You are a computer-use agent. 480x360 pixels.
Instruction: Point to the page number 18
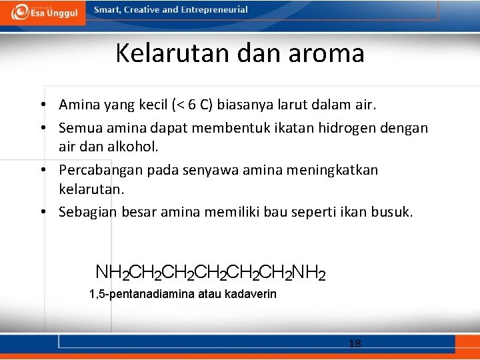(355, 344)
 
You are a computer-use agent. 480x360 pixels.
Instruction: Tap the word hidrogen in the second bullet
(344, 127)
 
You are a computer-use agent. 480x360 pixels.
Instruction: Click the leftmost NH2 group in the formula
(112, 273)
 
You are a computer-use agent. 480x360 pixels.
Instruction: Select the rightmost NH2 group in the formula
(309, 273)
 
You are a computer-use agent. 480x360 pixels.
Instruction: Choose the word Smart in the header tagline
(109, 10)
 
